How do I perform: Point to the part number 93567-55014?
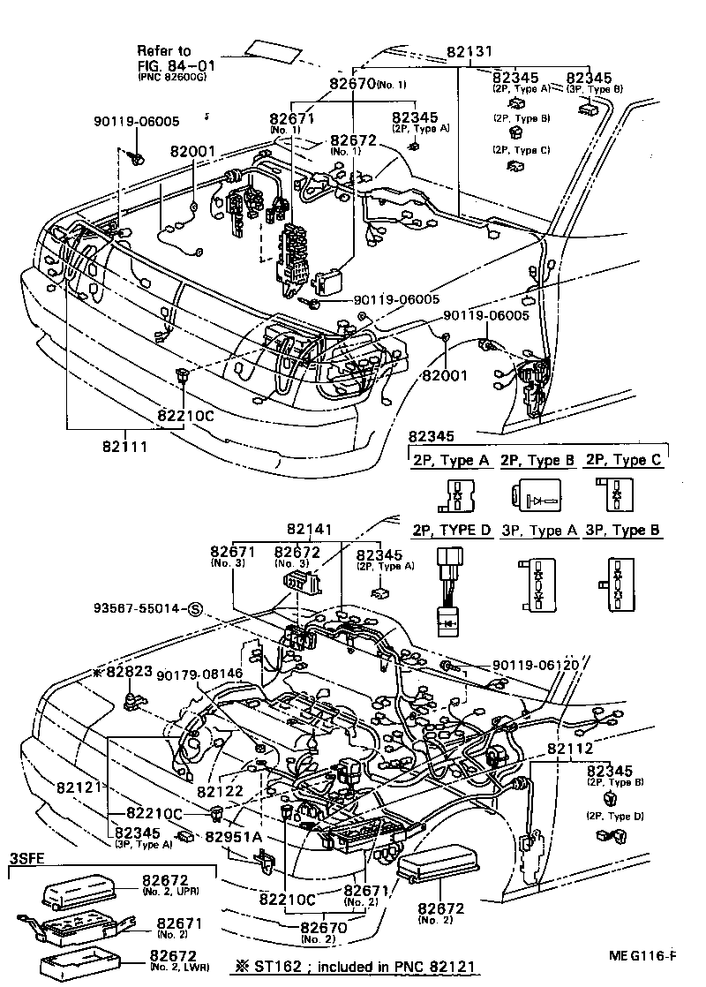tap(139, 609)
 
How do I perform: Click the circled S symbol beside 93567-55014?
tap(195, 609)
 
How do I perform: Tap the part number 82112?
tap(572, 749)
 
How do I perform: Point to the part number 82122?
tap(219, 792)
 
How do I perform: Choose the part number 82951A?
tap(233, 836)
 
